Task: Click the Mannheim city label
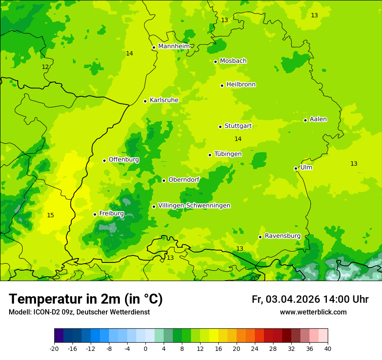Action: point(174,46)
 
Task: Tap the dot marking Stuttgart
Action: point(220,127)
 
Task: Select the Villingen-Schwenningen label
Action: point(194,206)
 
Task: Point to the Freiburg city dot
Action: point(95,214)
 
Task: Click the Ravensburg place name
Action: point(283,236)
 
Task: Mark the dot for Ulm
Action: point(296,168)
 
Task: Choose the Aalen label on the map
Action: point(318,119)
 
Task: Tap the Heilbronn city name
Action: point(241,85)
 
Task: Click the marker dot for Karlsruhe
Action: point(145,101)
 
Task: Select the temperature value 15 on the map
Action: point(50,215)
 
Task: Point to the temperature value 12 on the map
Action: point(45,67)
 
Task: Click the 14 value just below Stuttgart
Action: point(238,139)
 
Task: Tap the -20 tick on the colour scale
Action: point(54,348)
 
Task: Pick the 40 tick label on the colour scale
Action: point(328,348)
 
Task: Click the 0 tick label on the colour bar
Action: point(145,348)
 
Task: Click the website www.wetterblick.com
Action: point(313,312)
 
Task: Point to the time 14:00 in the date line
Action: point(338,299)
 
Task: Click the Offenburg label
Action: point(124,160)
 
